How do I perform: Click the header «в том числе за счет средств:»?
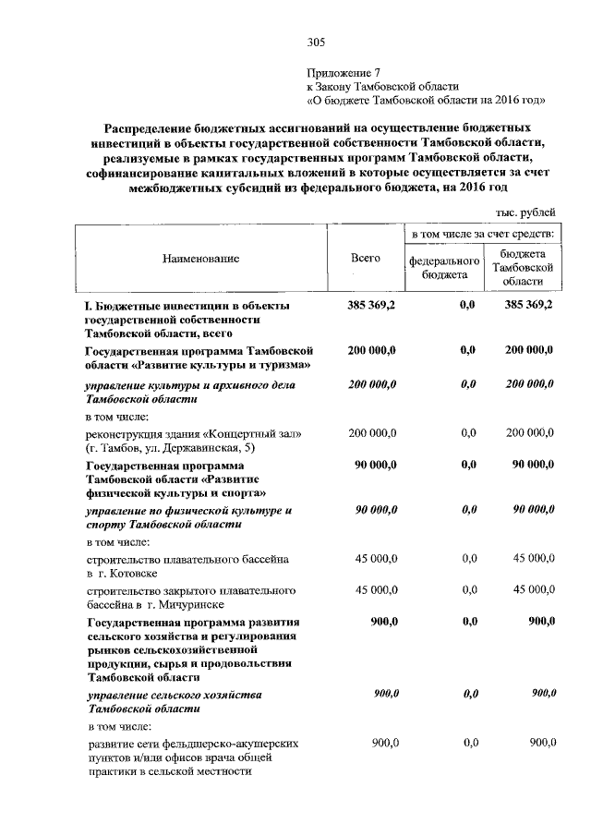[x=482, y=236]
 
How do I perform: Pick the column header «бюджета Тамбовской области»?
[x=522, y=267]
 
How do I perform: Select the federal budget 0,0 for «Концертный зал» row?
[x=466, y=433]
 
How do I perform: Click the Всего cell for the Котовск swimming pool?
[x=376, y=559]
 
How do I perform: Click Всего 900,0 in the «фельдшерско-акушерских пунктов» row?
[x=383, y=742]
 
